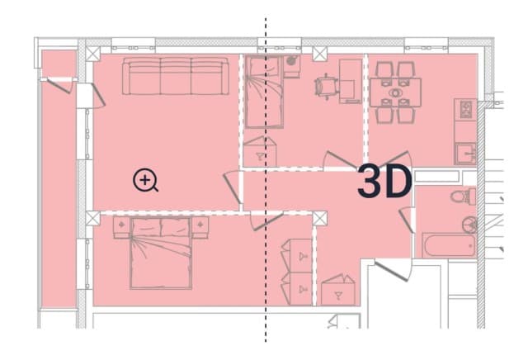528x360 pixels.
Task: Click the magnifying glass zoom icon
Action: pyautogui.click(x=145, y=180)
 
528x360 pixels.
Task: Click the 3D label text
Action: pyautogui.click(x=384, y=182)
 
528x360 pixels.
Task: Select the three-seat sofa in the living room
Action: pyautogui.click(x=176, y=76)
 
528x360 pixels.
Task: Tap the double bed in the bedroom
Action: pyautogui.click(x=161, y=253)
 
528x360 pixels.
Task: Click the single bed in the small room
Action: pyautogui.click(x=264, y=92)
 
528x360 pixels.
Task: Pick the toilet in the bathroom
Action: pyautogui.click(x=464, y=197)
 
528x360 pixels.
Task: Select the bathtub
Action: pyautogui.click(x=449, y=245)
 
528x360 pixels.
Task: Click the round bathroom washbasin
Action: pyautogui.click(x=469, y=225)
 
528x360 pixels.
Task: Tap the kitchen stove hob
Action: pyautogui.click(x=465, y=109)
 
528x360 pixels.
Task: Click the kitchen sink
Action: pyautogui.click(x=465, y=154)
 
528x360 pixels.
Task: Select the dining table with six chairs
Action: pyautogui.click(x=395, y=92)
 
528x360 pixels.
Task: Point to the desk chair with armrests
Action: pyautogui.click(x=326, y=87)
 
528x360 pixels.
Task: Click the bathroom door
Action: pyautogui.click(x=407, y=219)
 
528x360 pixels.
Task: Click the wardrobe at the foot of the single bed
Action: pyautogui.click(x=260, y=151)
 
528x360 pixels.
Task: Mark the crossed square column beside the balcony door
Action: pyautogui.click(x=92, y=54)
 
